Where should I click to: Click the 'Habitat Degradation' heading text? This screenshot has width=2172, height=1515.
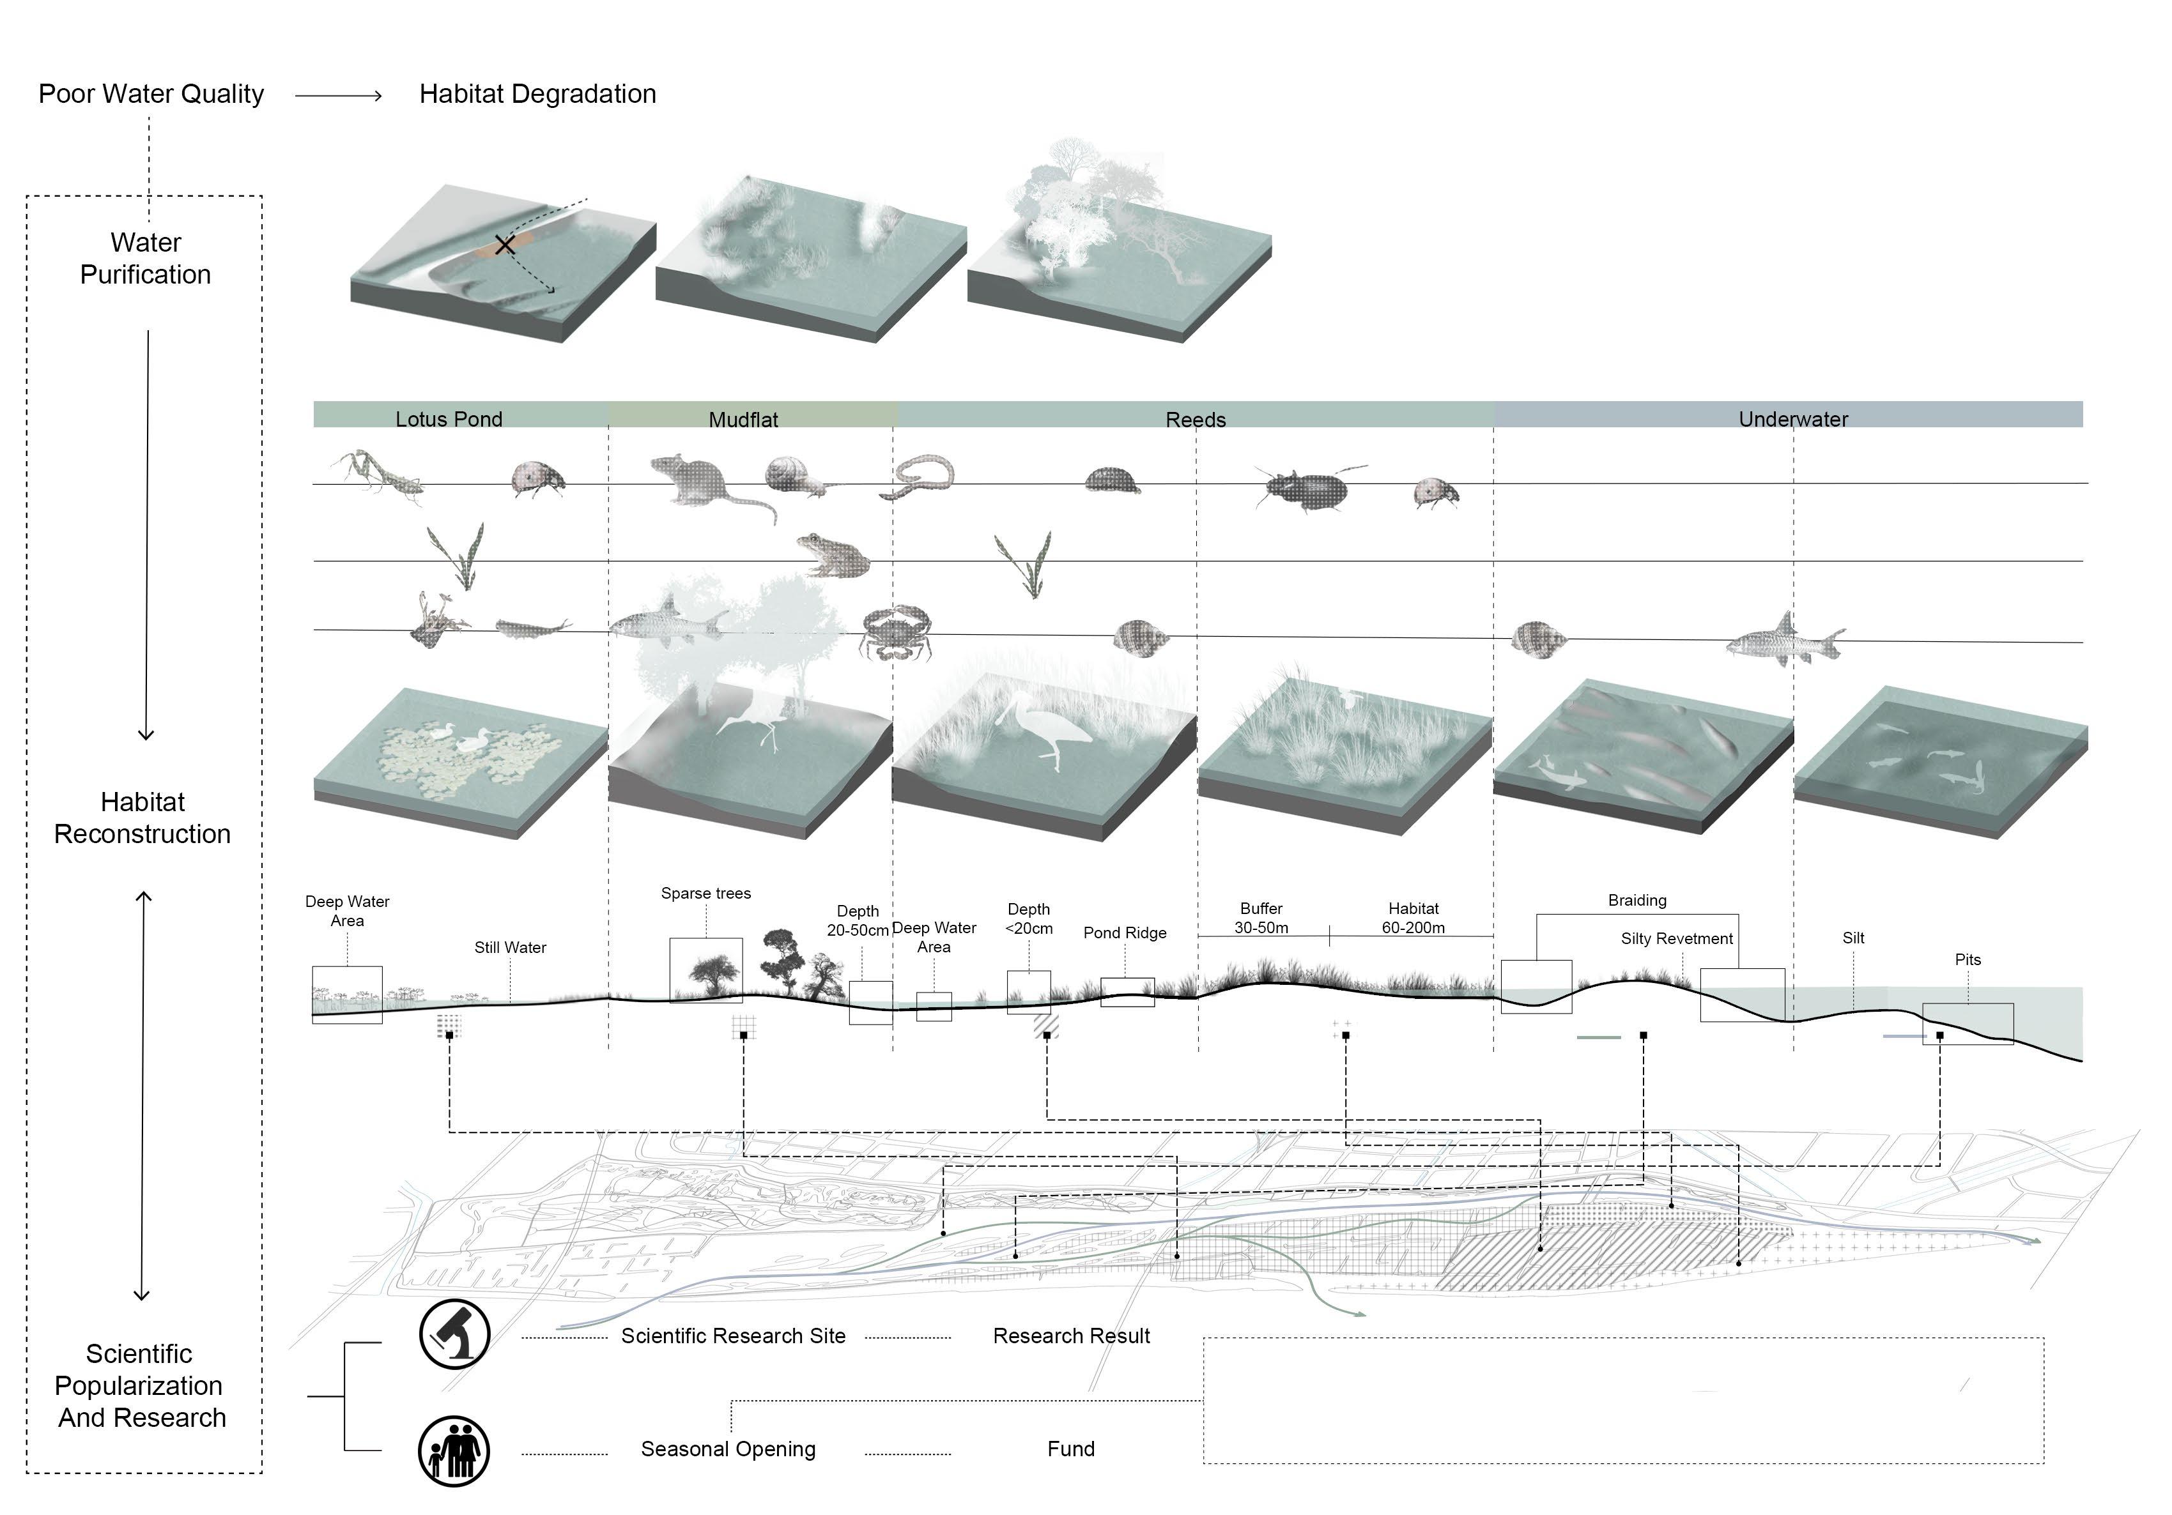tap(537, 94)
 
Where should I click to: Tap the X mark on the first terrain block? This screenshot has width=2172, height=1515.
tap(505, 245)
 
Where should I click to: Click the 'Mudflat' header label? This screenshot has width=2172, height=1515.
tap(744, 419)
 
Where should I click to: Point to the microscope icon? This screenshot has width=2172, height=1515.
tap(455, 1334)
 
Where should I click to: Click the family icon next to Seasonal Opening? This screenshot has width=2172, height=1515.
tap(454, 1450)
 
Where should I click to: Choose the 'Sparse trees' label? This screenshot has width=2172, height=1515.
tap(705, 893)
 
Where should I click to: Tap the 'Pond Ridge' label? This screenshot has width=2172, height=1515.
tap(1125, 933)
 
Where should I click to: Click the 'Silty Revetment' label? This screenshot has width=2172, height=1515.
tap(1676, 938)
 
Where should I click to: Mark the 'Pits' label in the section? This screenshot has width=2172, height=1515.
tap(1968, 959)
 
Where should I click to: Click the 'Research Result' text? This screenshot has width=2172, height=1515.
tap(1071, 1336)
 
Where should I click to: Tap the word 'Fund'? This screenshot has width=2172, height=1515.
tap(1071, 1449)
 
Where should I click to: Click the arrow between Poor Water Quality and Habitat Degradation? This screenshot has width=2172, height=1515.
tap(339, 96)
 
